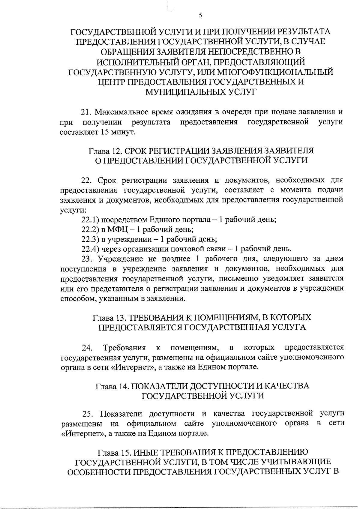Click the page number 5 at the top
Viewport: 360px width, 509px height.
click(x=200, y=16)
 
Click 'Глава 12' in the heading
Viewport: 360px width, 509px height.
click(x=105, y=150)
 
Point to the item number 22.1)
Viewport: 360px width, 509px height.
click(x=88, y=220)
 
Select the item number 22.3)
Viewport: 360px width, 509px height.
click(x=89, y=239)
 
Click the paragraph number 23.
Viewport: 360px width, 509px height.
click(x=87, y=259)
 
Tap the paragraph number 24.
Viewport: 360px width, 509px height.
click(x=87, y=348)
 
